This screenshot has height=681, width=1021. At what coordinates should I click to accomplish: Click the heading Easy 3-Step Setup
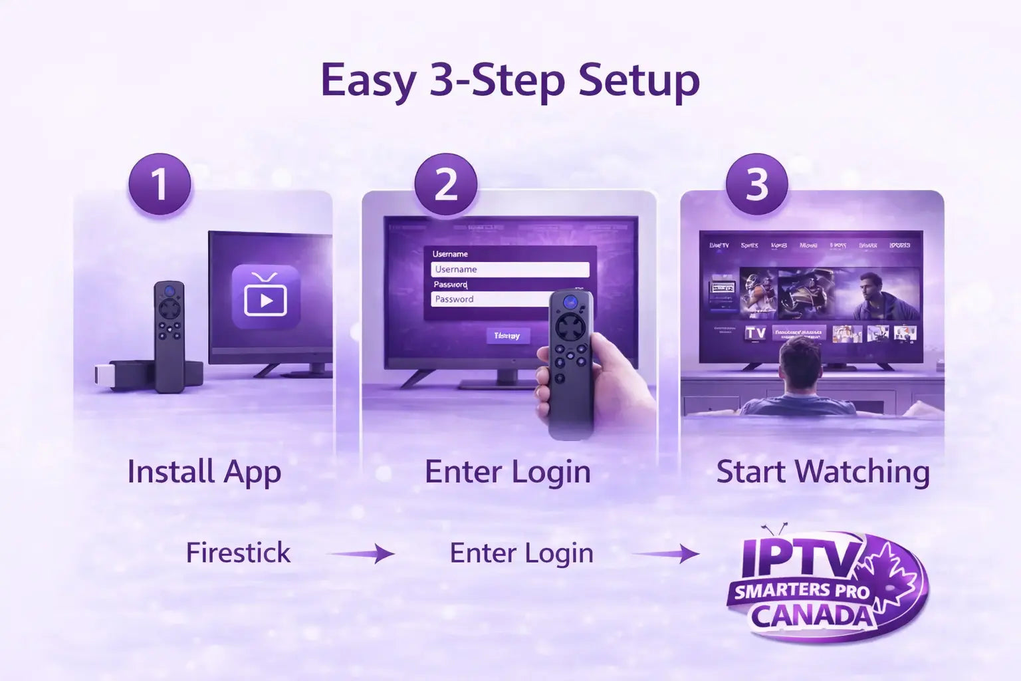pyautogui.click(x=510, y=81)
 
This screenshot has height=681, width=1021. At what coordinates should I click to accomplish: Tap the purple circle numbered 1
pyautogui.click(x=160, y=184)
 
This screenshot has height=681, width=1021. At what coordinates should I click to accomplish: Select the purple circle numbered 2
pyautogui.click(x=445, y=184)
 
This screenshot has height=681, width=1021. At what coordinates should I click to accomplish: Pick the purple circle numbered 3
pyautogui.click(x=756, y=184)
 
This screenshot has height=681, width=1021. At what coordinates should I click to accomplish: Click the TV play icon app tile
pyautogui.click(x=266, y=297)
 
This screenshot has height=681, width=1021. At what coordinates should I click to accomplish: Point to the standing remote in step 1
pyautogui.click(x=170, y=336)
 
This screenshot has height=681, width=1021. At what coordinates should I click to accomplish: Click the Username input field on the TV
pyautogui.click(x=510, y=269)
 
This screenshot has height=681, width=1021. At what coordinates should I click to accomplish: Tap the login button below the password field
pyautogui.click(x=508, y=336)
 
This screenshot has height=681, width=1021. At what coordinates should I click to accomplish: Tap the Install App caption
pyautogui.click(x=204, y=472)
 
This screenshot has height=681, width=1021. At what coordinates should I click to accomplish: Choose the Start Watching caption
pyautogui.click(x=823, y=472)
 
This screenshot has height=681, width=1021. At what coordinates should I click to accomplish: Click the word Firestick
pyautogui.click(x=238, y=553)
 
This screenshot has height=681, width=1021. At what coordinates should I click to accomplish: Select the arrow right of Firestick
pyautogui.click(x=362, y=553)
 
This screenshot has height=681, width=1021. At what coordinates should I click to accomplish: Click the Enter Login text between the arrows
pyautogui.click(x=521, y=553)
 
